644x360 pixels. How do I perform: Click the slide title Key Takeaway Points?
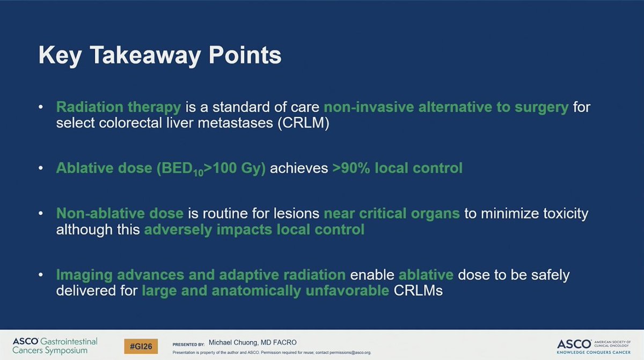click(x=159, y=56)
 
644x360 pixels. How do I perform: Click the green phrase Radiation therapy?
click(x=120, y=107)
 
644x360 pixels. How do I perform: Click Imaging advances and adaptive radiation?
click(x=201, y=275)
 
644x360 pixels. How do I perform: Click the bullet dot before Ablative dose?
click(x=41, y=168)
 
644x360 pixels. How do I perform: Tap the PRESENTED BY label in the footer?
click(x=188, y=343)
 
